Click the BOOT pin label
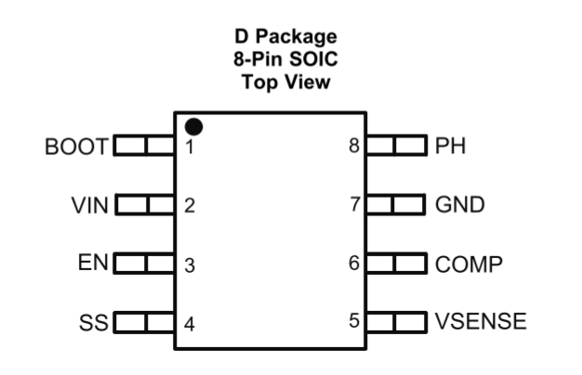point(77,146)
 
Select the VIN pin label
point(90,205)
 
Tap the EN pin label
point(94,264)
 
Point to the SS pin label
point(94,323)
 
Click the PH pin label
point(450,146)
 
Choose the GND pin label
point(460,205)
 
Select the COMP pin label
point(470,264)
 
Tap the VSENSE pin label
point(481,323)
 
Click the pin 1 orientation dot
point(193,124)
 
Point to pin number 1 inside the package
point(189,147)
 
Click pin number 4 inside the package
point(189,324)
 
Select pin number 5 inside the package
point(353,322)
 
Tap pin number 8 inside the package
point(353,146)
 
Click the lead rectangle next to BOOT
point(144,146)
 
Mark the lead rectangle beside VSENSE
point(395,323)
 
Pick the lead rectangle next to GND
point(395,205)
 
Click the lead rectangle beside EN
point(144,264)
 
